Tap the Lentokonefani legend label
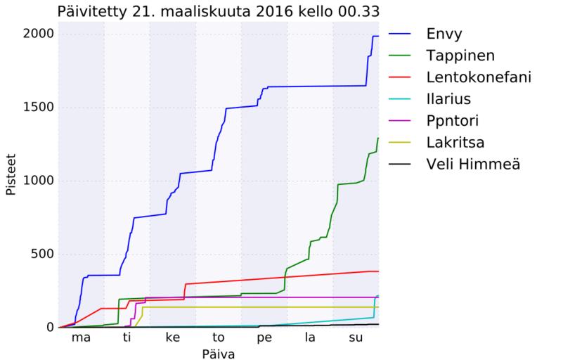(478, 77)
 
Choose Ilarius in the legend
(448, 98)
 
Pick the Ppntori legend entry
(452, 120)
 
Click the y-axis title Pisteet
(11, 180)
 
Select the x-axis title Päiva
(218, 354)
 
